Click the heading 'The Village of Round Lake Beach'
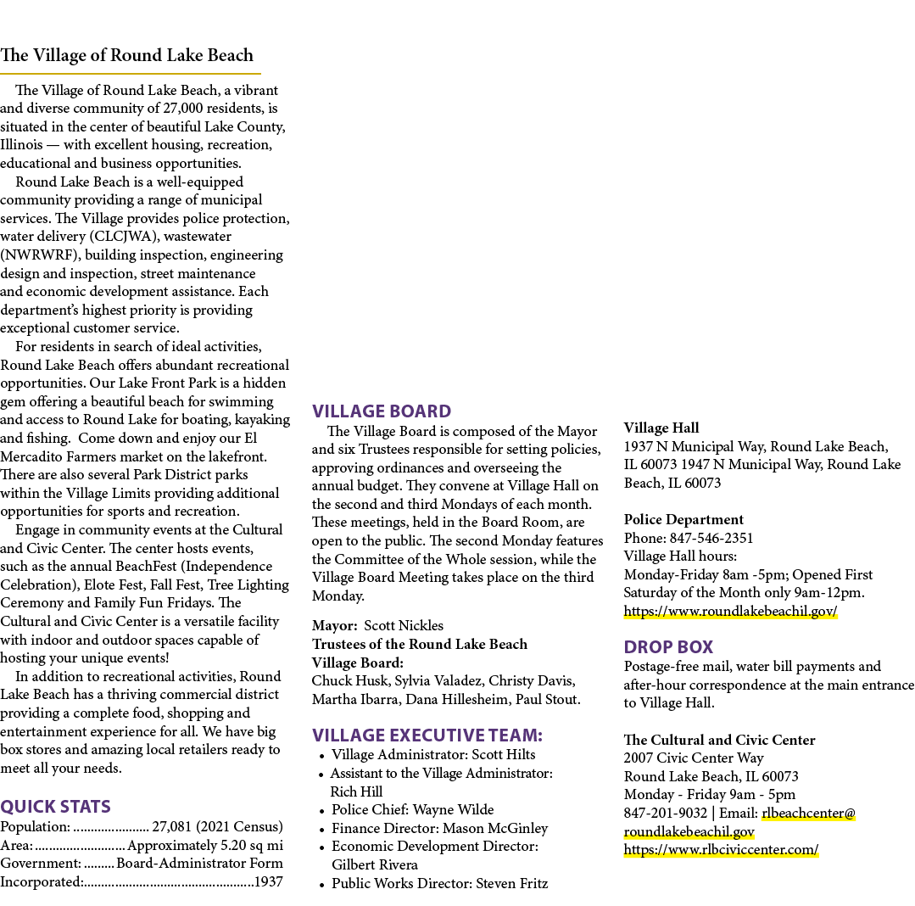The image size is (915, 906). tap(126, 55)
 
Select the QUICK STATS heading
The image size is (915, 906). tap(55, 807)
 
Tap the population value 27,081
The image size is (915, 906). tap(171, 826)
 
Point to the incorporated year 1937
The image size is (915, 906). tap(269, 881)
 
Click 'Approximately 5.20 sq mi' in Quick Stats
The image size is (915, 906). tap(205, 845)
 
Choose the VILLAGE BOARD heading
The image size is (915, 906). tap(382, 411)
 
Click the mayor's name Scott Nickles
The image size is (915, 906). tap(404, 626)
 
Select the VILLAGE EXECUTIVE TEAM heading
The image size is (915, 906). tap(427, 735)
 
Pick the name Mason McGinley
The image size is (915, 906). tap(495, 828)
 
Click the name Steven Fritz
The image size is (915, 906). tap(511, 883)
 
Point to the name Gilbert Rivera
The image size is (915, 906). tap(375, 864)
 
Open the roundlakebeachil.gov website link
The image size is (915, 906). tap(731, 611)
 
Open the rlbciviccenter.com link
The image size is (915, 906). tap(722, 849)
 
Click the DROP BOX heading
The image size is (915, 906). tap(669, 646)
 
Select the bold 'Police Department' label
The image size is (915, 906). tap(683, 519)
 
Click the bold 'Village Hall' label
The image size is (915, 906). tap(661, 428)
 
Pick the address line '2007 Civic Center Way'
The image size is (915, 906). tap(694, 758)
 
